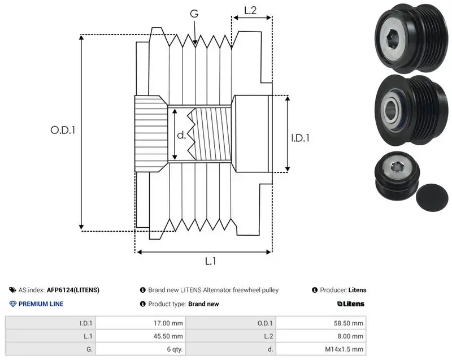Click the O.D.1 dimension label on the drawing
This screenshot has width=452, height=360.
(63, 130)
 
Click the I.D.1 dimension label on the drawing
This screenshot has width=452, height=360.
(300, 138)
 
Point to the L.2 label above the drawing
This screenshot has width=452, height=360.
(250, 10)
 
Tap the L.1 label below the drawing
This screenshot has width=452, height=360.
(210, 261)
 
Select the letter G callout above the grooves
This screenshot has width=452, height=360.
(194, 14)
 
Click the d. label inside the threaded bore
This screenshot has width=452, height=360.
(181, 135)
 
